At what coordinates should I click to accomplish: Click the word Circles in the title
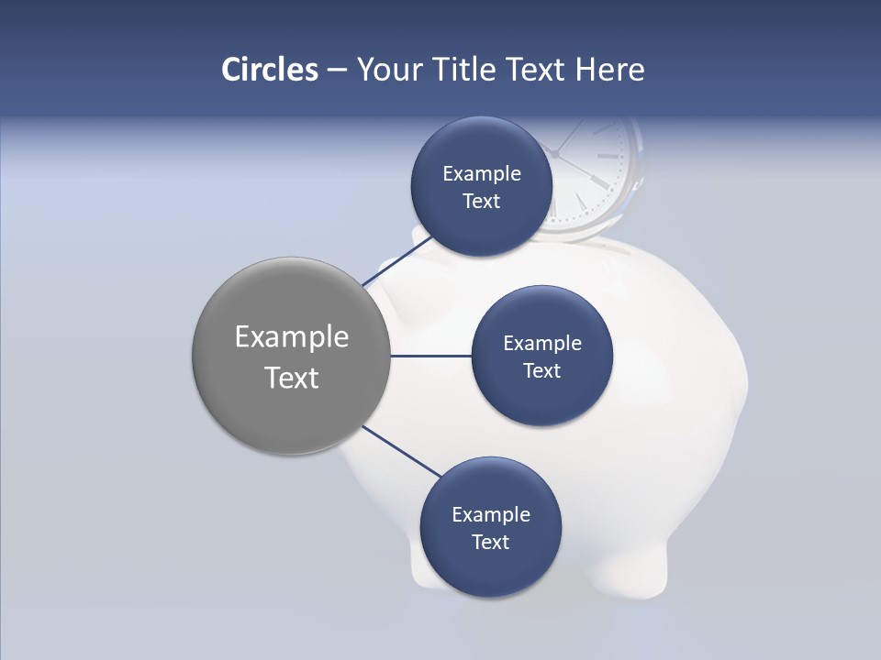click(x=269, y=70)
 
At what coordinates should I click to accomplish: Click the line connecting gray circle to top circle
click(x=396, y=261)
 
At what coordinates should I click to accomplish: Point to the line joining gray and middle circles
click(x=431, y=356)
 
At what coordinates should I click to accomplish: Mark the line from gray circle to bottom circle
click(x=401, y=450)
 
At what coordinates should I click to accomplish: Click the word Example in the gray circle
click(x=291, y=337)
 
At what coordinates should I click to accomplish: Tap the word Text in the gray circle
click(x=291, y=378)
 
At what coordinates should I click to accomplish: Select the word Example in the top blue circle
click(x=481, y=174)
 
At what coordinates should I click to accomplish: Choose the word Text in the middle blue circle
click(x=541, y=371)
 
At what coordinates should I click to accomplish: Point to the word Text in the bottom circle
click(x=490, y=543)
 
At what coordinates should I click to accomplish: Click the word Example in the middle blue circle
click(x=541, y=344)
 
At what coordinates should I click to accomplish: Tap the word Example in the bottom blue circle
click(x=490, y=515)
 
